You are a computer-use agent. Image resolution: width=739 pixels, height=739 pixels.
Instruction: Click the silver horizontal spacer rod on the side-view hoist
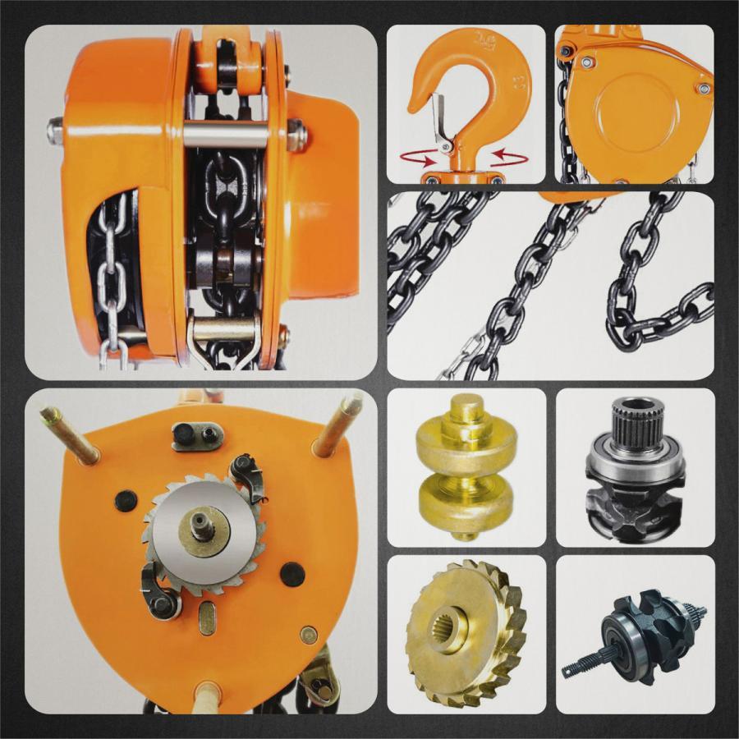225,134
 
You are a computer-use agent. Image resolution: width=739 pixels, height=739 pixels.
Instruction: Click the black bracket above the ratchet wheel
197,435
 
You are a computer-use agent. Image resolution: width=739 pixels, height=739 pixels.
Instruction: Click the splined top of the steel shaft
641,419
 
